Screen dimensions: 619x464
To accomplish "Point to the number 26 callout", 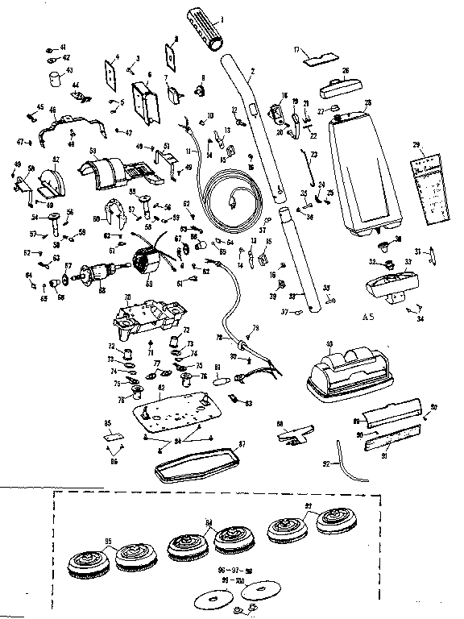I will pos(345,72).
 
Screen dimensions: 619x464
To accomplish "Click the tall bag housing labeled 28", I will pos(367,169).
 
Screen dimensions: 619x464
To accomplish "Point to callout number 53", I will pos(93,151).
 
